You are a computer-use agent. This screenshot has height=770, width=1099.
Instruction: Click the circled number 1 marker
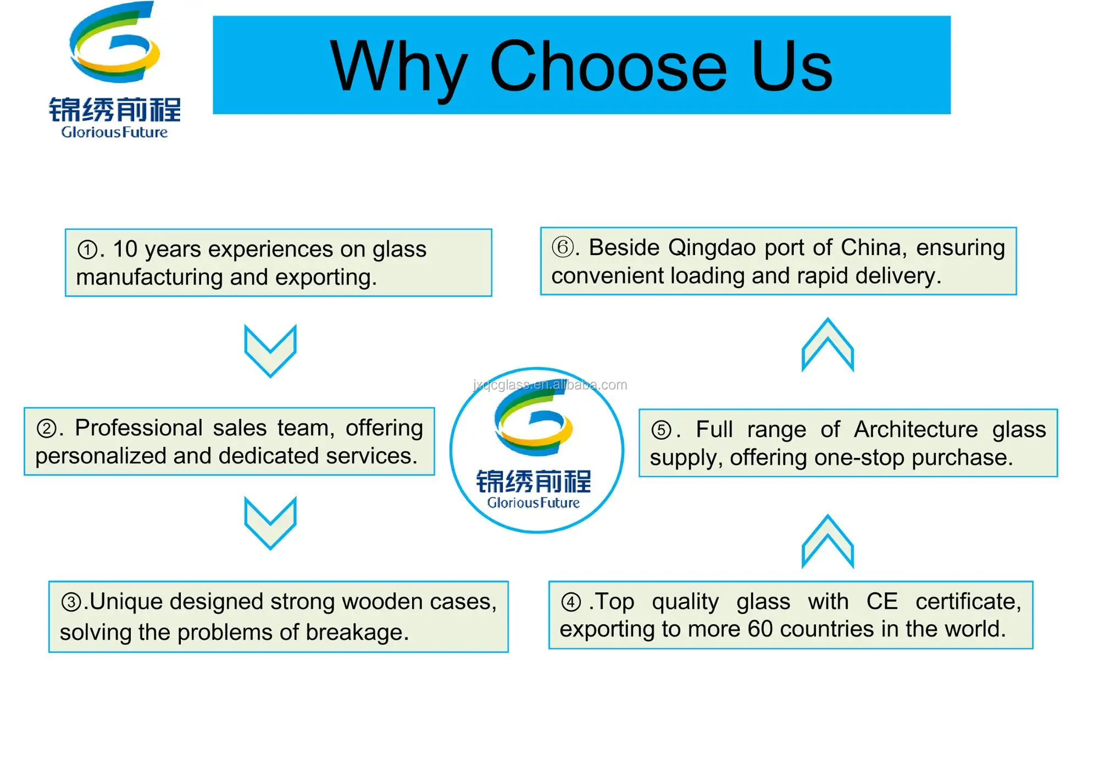click(x=87, y=250)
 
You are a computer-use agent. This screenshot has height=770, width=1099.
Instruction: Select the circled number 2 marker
click(x=46, y=429)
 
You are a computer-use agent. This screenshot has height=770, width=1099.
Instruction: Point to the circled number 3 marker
click(x=71, y=602)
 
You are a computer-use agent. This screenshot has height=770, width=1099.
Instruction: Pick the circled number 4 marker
click(x=570, y=602)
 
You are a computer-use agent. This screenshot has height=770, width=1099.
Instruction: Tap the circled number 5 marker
click(x=661, y=430)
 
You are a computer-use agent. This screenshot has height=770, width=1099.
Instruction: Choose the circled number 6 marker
click(x=562, y=247)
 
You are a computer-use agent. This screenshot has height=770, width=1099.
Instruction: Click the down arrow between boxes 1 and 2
click(x=270, y=350)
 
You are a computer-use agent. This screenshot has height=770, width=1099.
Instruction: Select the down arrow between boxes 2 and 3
click(x=270, y=522)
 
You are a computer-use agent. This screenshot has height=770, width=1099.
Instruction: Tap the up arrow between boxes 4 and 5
click(x=828, y=541)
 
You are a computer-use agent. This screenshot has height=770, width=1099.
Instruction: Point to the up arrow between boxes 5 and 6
click(x=828, y=345)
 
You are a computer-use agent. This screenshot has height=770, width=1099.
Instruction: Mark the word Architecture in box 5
click(x=915, y=430)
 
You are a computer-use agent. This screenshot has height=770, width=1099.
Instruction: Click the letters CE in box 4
click(x=881, y=601)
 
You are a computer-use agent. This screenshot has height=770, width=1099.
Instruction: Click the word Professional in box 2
click(x=138, y=428)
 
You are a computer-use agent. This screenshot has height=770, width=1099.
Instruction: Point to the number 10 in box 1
click(x=125, y=250)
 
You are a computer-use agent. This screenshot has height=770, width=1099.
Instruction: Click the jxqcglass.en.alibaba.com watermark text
click(x=549, y=385)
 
